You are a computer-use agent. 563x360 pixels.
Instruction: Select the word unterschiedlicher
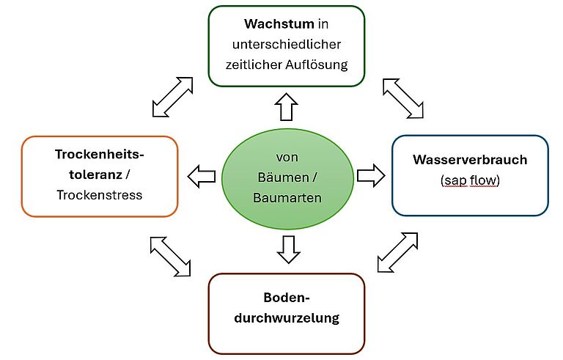coord(287,44)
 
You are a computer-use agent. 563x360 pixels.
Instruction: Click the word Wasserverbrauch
coord(470,160)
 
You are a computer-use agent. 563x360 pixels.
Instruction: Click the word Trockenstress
coord(99,195)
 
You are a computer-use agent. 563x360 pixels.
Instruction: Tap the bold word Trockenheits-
coord(100,155)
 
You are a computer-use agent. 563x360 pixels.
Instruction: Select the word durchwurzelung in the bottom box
coord(287,318)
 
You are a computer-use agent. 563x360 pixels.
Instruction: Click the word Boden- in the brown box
coord(287,298)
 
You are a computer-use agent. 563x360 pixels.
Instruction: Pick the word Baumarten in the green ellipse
coord(287,197)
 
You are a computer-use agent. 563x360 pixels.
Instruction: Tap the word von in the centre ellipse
coord(287,158)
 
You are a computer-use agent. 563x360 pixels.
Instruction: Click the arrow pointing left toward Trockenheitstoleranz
coord(202,176)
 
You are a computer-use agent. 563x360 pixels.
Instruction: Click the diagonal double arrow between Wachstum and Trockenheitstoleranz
coord(173,95)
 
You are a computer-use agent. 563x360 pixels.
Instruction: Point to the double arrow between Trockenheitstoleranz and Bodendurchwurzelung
coord(170,256)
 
